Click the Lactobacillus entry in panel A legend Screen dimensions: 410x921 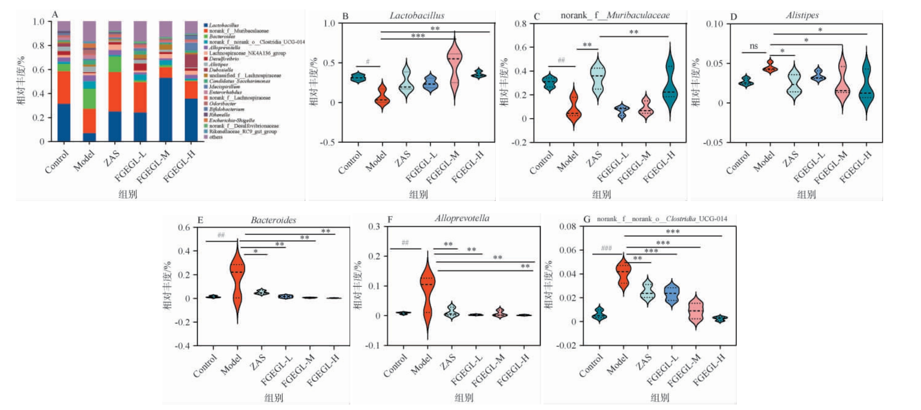pyautogui.click(x=223, y=25)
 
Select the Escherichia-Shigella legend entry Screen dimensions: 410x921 pyautogui.click(x=231, y=120)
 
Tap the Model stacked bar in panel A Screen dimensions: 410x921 pyautogui.click(x=89, y=82)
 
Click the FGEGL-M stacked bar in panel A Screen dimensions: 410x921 pyautogui.click(x=166, y=82)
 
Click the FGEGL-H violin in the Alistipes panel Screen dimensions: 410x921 pyautogui.click(x=866, y=86)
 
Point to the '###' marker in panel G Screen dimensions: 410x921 pyautogui.click(x=606, y=248)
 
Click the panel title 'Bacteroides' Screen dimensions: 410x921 pyautogui.click(x=273, y=221)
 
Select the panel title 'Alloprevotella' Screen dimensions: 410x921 pyautogui.click(x=462, y=218)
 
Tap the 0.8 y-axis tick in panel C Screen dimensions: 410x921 pyautogui.click(x=520, y=24)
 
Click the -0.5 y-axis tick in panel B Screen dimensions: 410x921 pyautogui.click(x=327, y=143)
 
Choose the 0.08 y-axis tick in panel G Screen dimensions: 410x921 pyautogui.click(x=568, y=227)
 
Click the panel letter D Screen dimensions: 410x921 pyautogui.click(x=734, y=17)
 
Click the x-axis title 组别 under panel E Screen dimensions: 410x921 pyautogui.click(x=274, y=397)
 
